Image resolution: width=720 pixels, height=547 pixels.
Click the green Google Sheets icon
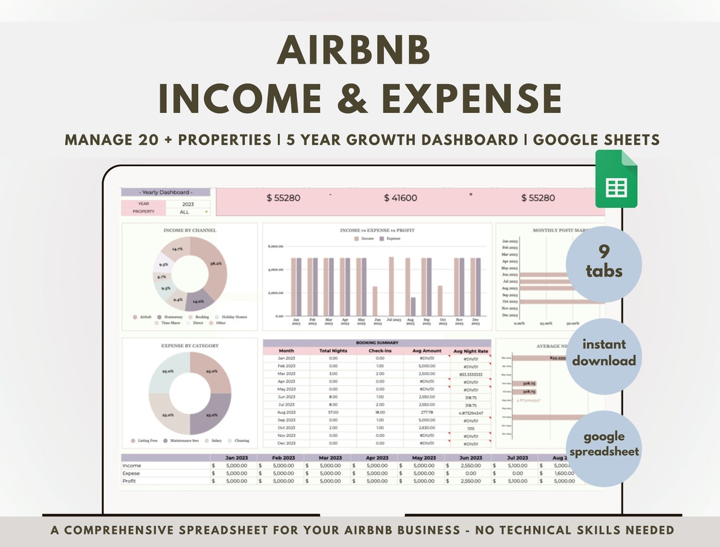point(616,179)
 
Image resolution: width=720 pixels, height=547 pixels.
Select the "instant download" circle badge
point(604,353)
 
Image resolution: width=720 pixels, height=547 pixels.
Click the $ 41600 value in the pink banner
point(400,198)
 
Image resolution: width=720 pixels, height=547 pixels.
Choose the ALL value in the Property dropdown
point(184,212)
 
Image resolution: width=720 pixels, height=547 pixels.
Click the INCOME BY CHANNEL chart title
point(189,231)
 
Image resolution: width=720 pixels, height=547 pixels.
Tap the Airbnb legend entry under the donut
point(143,317)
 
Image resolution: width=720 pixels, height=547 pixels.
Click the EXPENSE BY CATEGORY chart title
point(189,346)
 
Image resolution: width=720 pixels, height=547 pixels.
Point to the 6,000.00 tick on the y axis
point(275,246)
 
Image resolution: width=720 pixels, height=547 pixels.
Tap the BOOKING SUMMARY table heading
point(376,343)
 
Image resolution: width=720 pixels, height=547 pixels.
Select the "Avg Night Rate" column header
point(471,351)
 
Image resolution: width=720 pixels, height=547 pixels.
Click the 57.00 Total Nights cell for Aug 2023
point(333,412)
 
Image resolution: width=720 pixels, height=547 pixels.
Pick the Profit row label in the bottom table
point(129,481)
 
